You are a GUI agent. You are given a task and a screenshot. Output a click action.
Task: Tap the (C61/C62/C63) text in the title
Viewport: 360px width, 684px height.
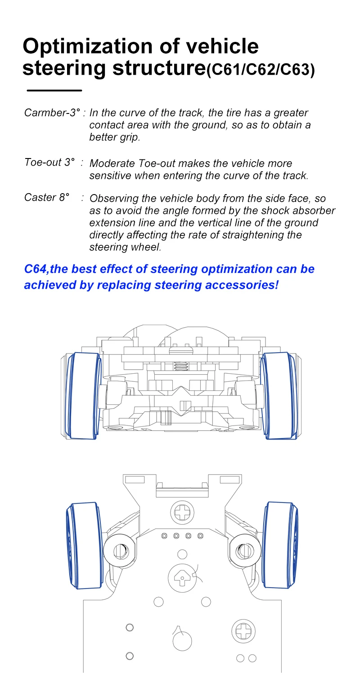click(x=261, y=70)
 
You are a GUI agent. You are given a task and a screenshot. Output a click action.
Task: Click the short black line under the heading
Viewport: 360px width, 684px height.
click(x=54, y=91)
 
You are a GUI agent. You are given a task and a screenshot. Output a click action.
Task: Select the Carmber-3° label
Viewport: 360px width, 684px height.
click(x=52, y=113)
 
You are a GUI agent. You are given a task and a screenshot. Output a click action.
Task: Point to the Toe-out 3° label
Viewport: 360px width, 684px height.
click(x=49, y=162)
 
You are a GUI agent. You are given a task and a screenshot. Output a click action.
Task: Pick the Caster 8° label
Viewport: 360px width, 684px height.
click(x=47, y=197)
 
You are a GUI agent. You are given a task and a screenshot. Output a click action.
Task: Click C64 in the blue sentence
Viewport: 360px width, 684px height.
click(x=35, y=269)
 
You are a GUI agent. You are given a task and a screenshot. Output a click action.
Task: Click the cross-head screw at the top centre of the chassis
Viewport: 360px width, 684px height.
click(x=183, y=512)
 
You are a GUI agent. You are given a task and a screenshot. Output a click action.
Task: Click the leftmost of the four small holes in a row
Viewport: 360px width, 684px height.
click(x=164, y=536)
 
